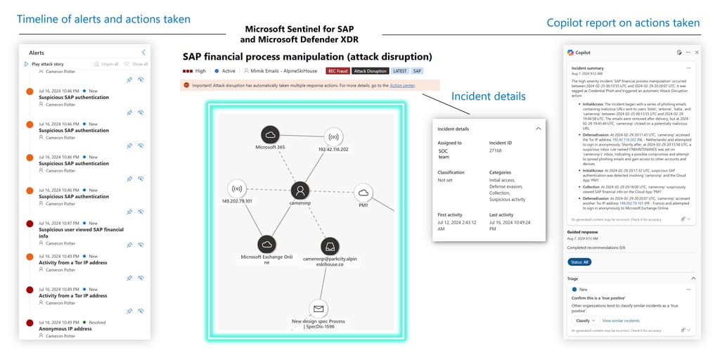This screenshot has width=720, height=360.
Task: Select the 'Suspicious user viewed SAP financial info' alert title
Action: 81,229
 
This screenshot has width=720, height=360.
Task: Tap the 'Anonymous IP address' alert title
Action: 65,328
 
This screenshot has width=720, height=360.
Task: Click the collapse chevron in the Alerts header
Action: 143,53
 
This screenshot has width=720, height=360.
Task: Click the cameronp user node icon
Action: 300,191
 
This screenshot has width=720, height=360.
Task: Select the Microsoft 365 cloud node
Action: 270,135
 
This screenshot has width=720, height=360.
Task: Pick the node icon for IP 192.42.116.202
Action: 333,137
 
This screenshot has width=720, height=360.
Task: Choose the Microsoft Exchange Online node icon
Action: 266,244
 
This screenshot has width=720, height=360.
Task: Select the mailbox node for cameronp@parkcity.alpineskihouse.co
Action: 330,246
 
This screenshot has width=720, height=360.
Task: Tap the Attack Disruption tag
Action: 370,71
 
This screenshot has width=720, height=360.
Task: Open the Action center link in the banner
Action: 402,85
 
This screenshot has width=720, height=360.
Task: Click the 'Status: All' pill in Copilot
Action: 579,262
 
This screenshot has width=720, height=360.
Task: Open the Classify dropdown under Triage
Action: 584,321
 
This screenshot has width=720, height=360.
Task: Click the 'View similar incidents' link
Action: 621,321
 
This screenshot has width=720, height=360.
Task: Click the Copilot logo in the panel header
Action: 570,53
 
